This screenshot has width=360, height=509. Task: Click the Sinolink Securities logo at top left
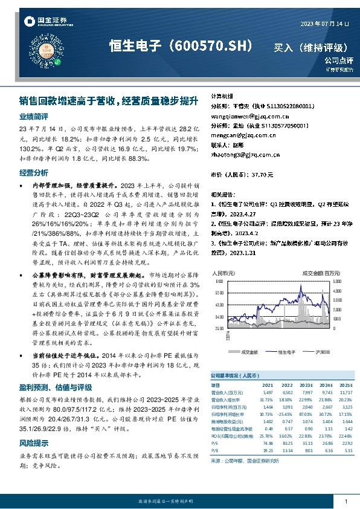(45, 22)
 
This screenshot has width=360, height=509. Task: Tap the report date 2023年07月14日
(325, 24)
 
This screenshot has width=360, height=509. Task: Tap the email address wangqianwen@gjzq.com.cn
(249, 116)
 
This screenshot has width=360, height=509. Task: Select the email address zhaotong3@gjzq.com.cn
(245, 155)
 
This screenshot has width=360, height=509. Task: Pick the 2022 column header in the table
(287, 385)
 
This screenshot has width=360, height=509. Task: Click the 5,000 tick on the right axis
(337, 282)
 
